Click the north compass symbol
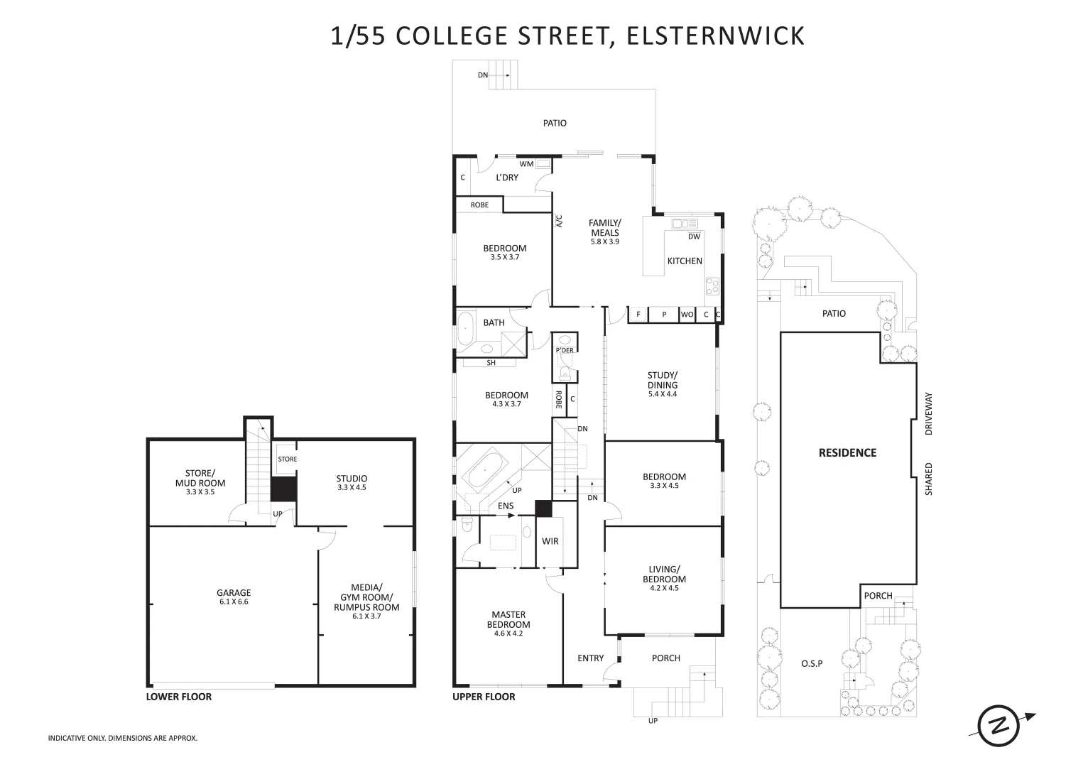click(x=1000, y=726)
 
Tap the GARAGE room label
click(x=234, y=593)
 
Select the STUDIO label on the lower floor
click(x=352, y=479)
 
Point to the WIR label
click(x=550, y=541)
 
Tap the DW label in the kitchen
click(x=694, y=236)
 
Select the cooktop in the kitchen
click(x=712, y=286)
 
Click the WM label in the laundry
click(x=526, y=164)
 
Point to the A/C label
click(x=559, y=221)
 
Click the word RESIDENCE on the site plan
click(x=847, y=453)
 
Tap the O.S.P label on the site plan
click(x=811, y=664)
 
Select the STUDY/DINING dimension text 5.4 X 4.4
click(x=662, y=394)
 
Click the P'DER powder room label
click(x=565, y=351)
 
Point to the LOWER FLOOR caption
click(x=179, y=697)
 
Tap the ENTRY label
click(x=590, y=658)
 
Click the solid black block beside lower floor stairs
click(x=283, y=489)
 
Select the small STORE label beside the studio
click(x=287, y=459)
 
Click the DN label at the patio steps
click(x=483, y=75)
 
